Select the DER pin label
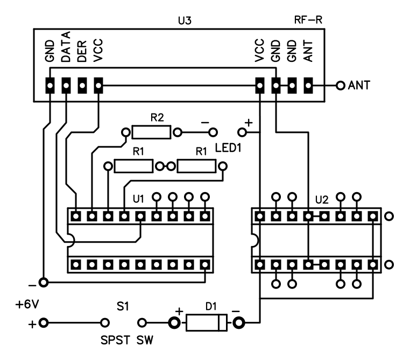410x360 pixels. (82, 55)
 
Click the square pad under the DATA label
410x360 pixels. (66, 85)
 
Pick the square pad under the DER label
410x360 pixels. (82, 85)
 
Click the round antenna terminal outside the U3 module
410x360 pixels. (340, 85)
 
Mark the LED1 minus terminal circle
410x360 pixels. (215, 131)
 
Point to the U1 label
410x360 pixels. (138, 199)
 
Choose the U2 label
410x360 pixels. (321, 199)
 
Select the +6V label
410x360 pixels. (26, 305)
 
